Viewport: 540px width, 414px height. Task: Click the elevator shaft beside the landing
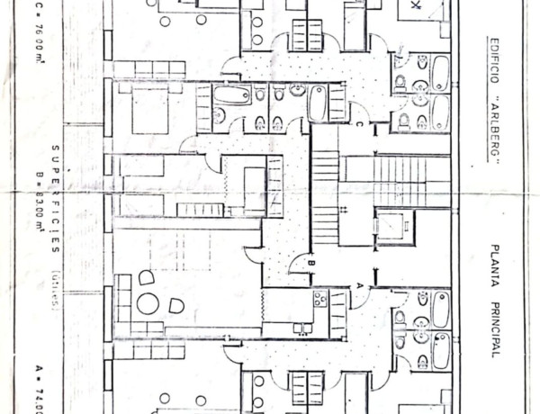394,226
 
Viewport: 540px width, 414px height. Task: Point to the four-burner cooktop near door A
319,299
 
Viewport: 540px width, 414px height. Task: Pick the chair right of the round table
176,306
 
